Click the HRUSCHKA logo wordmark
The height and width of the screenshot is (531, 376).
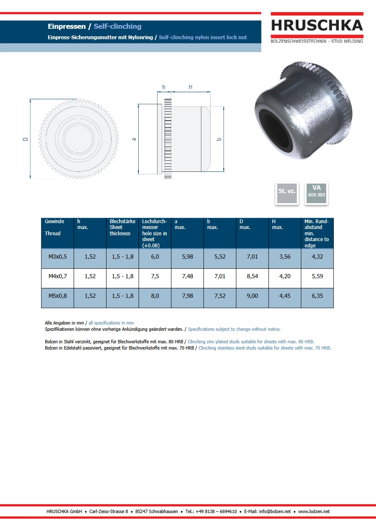pyautogui.click(x=317, y=25)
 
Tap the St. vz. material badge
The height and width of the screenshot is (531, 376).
pyautogui.click(x=287, y=193)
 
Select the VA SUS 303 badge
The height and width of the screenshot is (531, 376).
pyautogui.click(x=316, y=193)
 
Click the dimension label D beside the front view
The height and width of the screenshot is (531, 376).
pyautogui.click(x=25, y=139)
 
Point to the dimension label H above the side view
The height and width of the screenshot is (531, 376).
pyautogui.click(x=191, y=87)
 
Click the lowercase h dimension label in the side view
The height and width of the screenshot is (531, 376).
pyautogui.click(x=163, y=87)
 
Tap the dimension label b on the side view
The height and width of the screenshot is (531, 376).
pyautogui.click(x=219, y=139)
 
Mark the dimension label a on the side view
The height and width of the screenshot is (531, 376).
pyautogui.click(x=134, y=139)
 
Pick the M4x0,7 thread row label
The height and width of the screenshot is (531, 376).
pyautogui.click(x=58, y=276)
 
